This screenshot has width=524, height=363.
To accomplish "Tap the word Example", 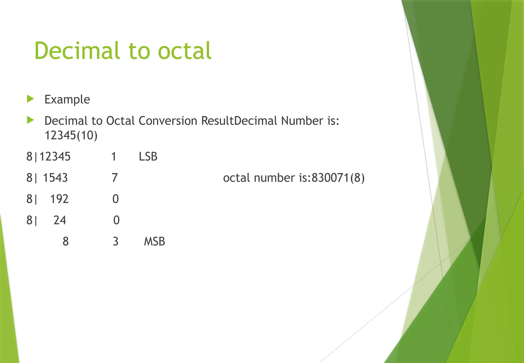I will (67, 99).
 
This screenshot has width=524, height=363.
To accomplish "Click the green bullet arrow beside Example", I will (30, 99).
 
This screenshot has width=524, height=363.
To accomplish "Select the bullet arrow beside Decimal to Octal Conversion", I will (30, 120).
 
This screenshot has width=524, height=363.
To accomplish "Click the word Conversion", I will (168, 121).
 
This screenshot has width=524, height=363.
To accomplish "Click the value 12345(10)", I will (71, 135).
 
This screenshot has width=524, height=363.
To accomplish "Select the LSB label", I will (148, 156).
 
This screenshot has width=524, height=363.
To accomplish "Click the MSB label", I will (154, 241).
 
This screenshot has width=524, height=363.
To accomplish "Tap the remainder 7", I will (115, 178).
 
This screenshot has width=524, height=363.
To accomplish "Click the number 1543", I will (55, 178).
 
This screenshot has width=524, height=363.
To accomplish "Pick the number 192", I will (59, 199).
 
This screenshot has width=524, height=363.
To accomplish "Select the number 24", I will (60, 220).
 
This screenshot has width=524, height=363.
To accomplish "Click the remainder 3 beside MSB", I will (115, 241).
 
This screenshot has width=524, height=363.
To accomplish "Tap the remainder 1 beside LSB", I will (114, 156).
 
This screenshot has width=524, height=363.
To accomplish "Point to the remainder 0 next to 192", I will (115, 199).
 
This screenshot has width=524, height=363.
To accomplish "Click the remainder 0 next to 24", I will (116, 220).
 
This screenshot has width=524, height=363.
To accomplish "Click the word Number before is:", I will (302, 121).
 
